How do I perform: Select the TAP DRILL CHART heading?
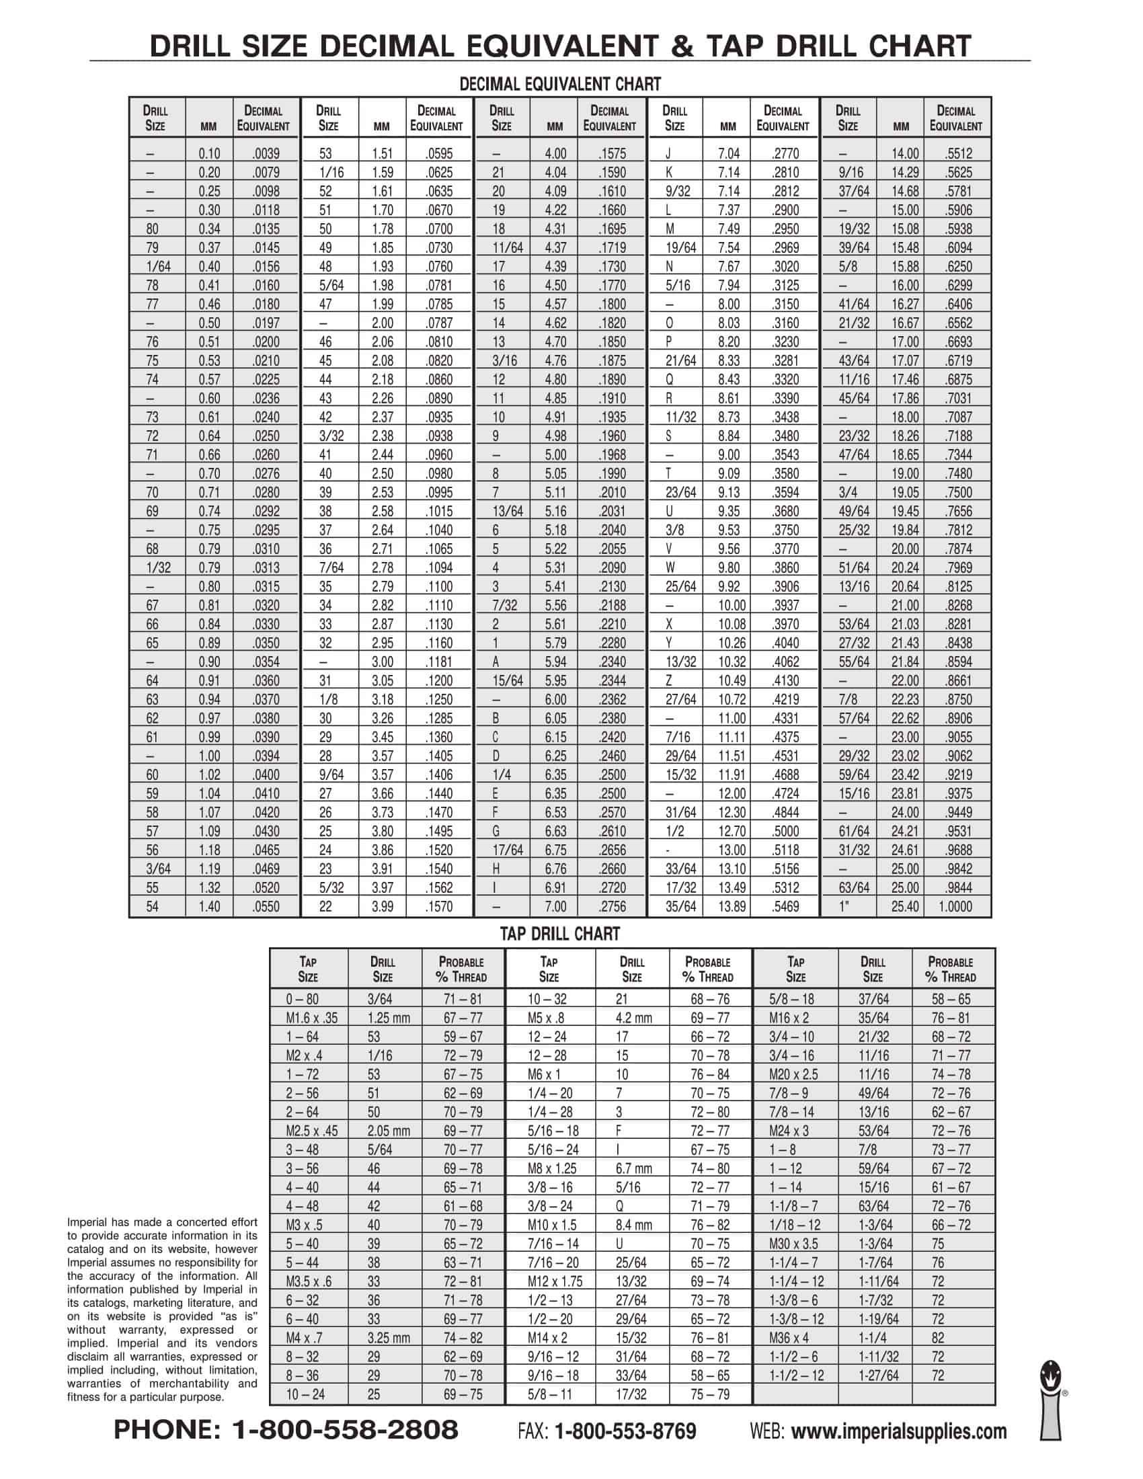point(559,934)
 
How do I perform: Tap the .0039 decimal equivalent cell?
point(266,154)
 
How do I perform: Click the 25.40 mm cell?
point(904,906)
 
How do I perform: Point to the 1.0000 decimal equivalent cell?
point(955,906)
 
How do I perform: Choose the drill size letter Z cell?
point(670,680)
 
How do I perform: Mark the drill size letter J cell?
point(669,154)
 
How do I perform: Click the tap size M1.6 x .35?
point(311,1018)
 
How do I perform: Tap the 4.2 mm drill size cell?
point(634,1018)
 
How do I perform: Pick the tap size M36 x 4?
point(789,1338)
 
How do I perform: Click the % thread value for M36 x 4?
point(938,1338)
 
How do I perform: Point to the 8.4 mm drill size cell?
point(634,1225)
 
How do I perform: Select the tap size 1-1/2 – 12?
point(797,1375)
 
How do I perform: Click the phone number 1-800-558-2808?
point(286,1429)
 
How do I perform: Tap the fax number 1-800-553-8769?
point(625,1431)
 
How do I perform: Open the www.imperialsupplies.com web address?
point(898,1431)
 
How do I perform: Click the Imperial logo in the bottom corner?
point(1051,1402)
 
